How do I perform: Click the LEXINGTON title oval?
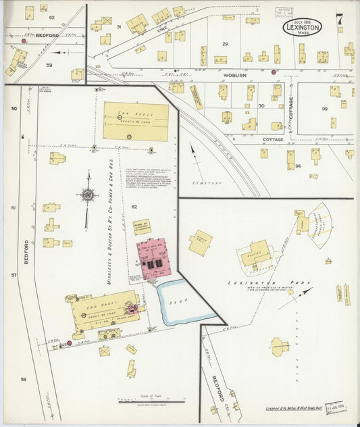pyautogui.click(x=301, y=26)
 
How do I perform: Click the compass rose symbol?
pyautogui.click(x=87, y=195)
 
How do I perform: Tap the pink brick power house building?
pyautogui.click(x=154, y=258)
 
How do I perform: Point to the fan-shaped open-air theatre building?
pyautogui.click(x=319, y=226)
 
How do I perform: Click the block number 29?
pyautogui.click(x=226, y=43)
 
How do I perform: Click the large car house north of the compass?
pyautogui.click(x=136, y=121)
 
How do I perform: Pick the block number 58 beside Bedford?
pyautogui.click(x=23, y=379)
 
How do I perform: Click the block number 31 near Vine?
pyautogui.click(x=119, y=26)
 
